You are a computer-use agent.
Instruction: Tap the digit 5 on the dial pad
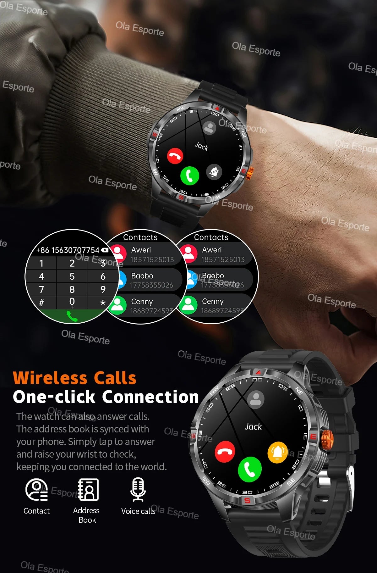tap(72, 276)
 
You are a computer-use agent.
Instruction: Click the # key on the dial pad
tap(41, 303)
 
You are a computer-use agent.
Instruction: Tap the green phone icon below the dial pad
tap(72, 316)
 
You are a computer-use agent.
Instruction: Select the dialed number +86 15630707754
tap(68, 250)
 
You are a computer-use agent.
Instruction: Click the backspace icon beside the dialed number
tap(105, 250)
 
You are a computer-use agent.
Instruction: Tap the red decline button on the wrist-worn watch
tap(175, 155)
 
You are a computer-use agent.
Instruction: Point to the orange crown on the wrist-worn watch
tap(250, 174)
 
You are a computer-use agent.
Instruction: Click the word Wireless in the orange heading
tap(50, 378)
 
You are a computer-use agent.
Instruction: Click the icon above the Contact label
tap(36, 489)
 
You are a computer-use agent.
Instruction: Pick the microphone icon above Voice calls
tap(138, 489)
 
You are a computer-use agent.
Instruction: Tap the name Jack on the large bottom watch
tap(253, 427)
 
